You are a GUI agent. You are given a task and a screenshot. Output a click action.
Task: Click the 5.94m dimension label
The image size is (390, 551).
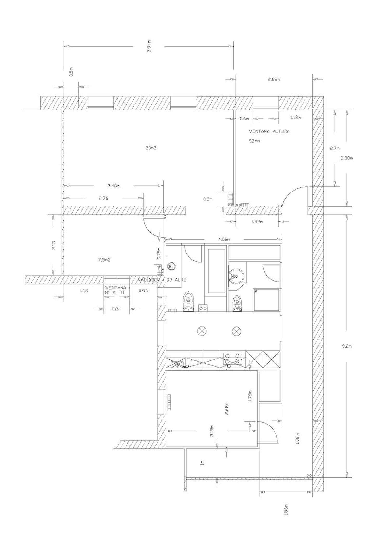pyautogui.click(x=149, y=46)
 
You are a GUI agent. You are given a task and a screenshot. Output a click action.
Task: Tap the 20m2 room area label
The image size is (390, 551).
pyautogui.click(x=151, y=148)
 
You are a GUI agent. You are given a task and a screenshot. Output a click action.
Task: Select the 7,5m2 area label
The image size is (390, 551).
pyautogui.click(x=104, y=260)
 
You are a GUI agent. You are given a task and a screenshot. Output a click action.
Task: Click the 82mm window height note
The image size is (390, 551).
pyautogui.click(x=254, y=141)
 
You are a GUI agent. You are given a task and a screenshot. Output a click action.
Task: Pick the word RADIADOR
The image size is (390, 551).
pyautogui.click(x=147, y=280)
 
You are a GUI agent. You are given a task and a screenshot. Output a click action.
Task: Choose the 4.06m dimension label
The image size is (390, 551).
pyautogui.click(x=224, y=239)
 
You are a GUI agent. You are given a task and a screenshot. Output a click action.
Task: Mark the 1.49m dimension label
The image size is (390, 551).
pyautogui.click(x=257, y=222)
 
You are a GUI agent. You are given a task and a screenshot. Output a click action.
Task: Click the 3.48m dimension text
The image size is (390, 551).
pyautogui.click(x=113, y=186)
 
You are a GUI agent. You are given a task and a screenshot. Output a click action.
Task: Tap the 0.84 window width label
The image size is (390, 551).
pyautogui.click(x=116, y=309)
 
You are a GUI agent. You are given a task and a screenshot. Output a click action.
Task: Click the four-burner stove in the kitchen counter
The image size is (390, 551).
pyautogui.click(x=232, y=358)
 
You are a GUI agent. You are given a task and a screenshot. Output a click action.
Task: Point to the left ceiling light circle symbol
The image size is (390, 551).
pyautogui.click(x=201, y=331)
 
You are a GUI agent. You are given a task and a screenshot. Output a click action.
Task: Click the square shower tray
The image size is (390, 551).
pyautogui.click(x=266, y=300)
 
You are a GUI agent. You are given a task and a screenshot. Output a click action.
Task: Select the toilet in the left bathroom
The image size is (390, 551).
pyautogui.click(x=188, y=302)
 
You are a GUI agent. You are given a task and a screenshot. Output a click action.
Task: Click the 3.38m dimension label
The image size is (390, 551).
pyautogui.click(x=347, y=158)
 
